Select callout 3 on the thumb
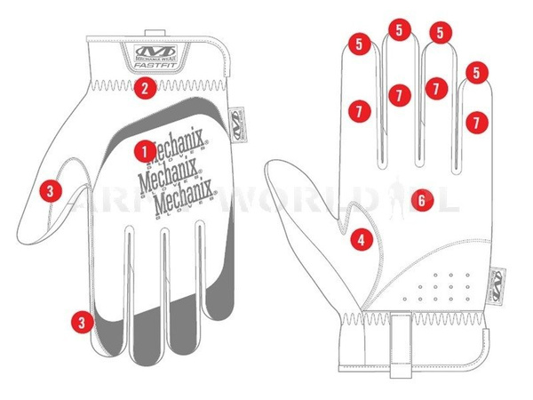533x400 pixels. pos(51,188)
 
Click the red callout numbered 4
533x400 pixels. pos(360,238)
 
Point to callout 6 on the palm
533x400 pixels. pos(421,201)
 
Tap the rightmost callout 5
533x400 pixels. pos(477,72)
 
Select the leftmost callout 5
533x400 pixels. pos(360,44)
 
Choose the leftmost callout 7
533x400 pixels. pos(360,111)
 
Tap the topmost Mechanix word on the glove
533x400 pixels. pos(175,144)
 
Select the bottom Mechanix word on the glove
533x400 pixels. pos(187,204)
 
